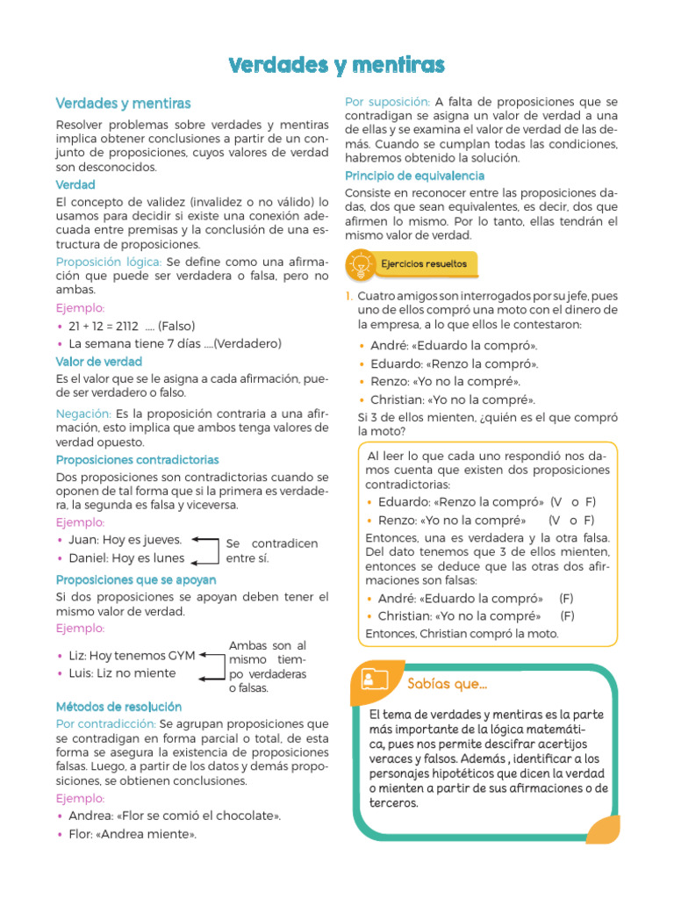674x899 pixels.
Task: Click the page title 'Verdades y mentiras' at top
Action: point(337,65)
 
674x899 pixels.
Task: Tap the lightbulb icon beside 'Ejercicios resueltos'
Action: point(360,263)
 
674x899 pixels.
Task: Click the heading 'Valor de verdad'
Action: point(99,361)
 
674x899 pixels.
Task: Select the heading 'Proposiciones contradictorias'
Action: point(138,459)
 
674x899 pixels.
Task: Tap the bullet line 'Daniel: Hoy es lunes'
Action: point(126,557)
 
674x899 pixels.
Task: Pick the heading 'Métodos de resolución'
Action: point(118,706)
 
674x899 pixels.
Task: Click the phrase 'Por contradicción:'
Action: point(105,723)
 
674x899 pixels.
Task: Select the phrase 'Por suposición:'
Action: point(387,102)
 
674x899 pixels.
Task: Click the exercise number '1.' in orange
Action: point(348,296)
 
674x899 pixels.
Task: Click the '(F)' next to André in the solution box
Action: point(567,598)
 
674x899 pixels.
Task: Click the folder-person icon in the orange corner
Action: point(374,679)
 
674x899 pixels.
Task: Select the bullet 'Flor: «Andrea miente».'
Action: point(133,834)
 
